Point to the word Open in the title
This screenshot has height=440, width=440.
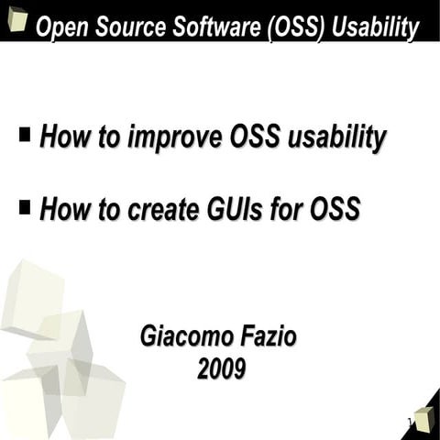57,28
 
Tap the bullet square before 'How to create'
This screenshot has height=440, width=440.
25,208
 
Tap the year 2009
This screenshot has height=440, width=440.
221,369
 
